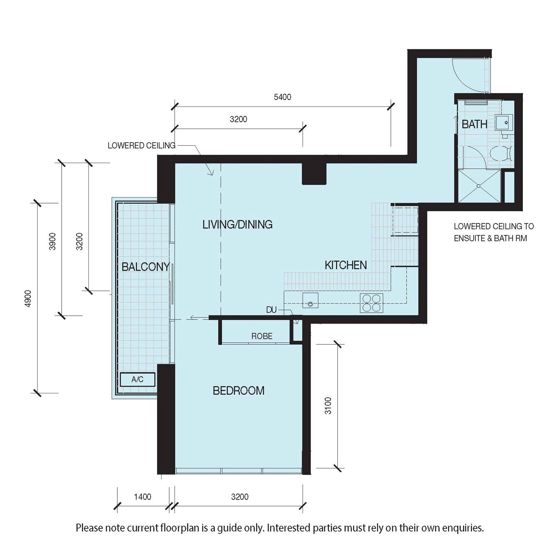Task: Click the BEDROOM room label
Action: (x=238, y=391)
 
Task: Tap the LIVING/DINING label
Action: (x=237, y=224)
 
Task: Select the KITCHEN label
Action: (x=346, y=265)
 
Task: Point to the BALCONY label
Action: (x=146, y=267)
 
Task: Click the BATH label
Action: (x=474, y=124)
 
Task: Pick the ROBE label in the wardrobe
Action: (x=262, y=336)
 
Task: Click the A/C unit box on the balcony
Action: (x=138, y=379)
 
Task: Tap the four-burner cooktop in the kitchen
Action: (x=371, y=303)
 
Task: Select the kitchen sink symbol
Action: (x=310, y=300)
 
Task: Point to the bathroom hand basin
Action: (x=504, y=123)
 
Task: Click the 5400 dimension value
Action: (x=282, y=97)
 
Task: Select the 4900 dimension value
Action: (x=29, y=298)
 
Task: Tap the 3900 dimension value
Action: (x=52, y=241)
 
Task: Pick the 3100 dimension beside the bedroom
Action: (x=328, y=406)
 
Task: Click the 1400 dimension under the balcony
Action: (x=142, y=497)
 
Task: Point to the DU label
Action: (x=271, y=310)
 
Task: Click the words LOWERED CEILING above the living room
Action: (x=141, y=145)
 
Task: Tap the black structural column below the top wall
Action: (x=314, y=174)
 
